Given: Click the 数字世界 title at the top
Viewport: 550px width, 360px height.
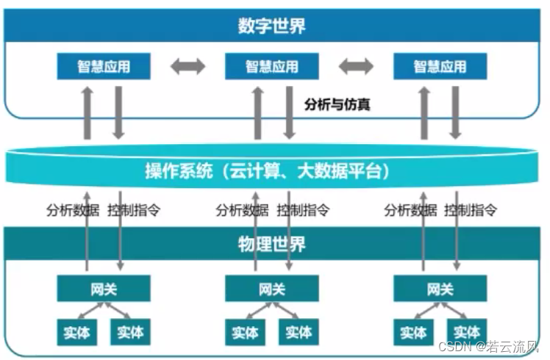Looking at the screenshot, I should point(271,27).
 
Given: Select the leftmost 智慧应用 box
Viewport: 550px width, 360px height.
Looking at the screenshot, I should point(104,67).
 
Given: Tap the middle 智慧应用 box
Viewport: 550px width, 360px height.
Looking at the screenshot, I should point(271,67).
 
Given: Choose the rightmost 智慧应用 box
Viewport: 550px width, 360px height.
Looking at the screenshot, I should point(440,67).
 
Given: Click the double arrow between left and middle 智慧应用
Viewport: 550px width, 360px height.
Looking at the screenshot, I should point(187,67).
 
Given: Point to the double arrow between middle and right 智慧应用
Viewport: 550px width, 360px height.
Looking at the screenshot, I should point(356,67).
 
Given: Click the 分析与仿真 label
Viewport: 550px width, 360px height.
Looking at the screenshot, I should point(337,104).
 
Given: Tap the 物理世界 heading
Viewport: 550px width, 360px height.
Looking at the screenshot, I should point(271,243).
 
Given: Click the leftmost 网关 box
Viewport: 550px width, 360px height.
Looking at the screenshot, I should point(104,289).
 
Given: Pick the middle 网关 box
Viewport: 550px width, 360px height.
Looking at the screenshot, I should point(271,289).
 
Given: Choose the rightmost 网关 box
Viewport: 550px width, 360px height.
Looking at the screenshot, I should point(440,289).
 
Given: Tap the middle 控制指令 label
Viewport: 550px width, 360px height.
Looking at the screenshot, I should point(303,210).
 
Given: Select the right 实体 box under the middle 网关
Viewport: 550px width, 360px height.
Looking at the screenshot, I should point(299,332).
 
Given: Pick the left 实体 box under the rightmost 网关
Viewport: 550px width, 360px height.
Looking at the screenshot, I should point(413,332).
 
